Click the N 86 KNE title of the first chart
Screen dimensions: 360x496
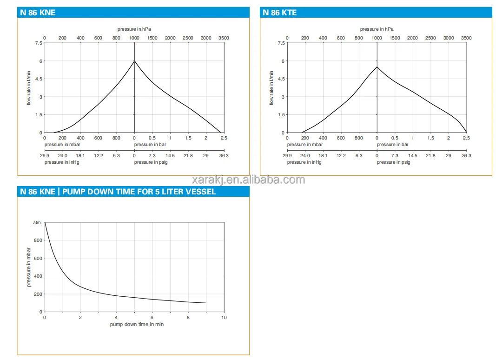38,13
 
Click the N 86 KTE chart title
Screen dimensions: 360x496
279,13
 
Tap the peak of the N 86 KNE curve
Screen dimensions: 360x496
134,60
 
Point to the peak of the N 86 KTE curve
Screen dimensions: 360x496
377,67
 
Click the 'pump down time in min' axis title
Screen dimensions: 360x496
137,324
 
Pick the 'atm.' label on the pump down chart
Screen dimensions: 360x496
37,223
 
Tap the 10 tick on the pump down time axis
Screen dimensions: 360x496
224,318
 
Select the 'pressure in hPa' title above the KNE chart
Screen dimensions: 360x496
134,29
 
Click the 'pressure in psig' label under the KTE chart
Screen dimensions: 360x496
393,162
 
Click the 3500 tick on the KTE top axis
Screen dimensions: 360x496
466,38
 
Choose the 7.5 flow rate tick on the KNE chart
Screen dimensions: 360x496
38,43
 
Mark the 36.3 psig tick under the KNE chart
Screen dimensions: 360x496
224,156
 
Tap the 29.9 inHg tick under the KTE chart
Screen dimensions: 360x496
287,156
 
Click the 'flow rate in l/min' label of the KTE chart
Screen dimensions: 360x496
271,88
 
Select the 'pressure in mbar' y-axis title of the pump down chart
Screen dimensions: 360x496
29,267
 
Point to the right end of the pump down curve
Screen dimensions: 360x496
206,303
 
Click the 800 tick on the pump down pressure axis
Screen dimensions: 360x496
37,240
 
